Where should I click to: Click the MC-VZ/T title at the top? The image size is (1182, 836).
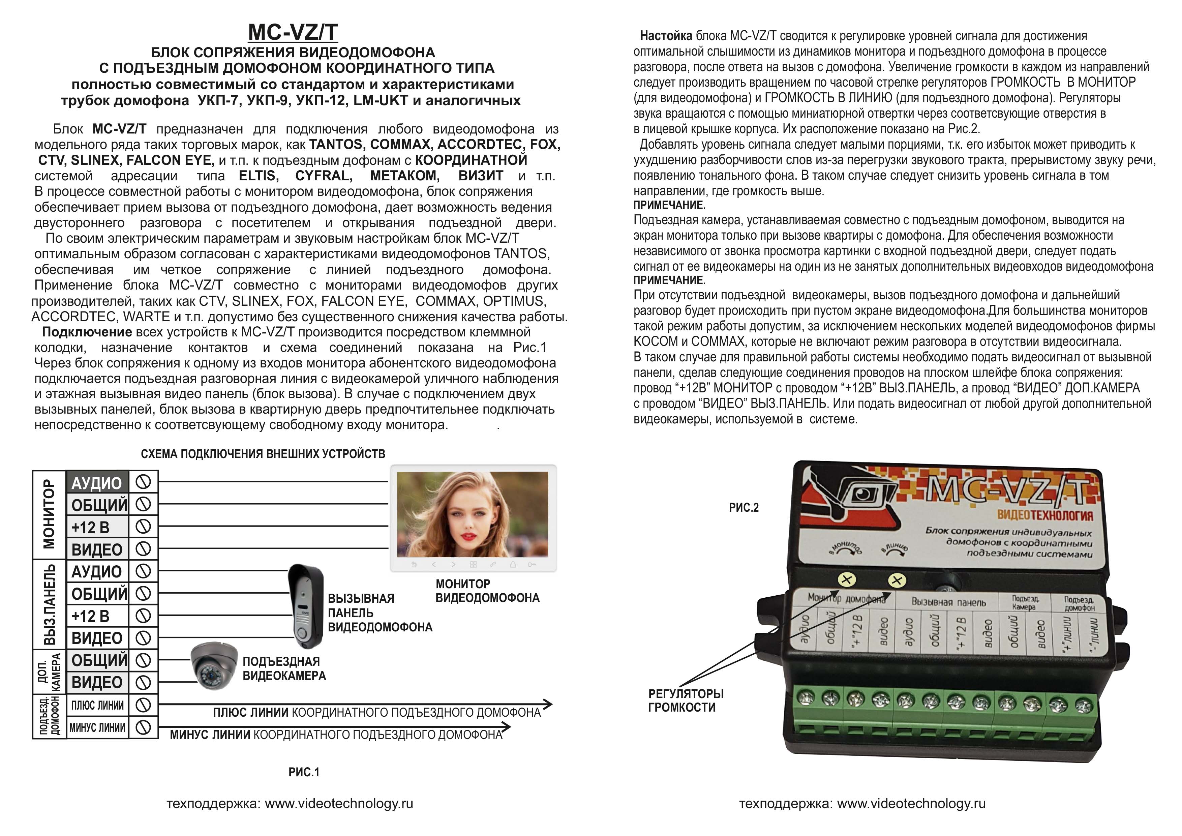point(293,32)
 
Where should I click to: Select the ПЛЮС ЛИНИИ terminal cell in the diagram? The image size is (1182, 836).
point(97,705)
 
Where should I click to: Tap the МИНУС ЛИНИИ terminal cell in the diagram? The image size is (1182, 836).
point(97,727)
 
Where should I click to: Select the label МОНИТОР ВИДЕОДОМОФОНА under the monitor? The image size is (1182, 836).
point(487,591)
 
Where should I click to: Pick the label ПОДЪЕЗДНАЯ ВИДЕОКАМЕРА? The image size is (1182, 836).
point(284,668)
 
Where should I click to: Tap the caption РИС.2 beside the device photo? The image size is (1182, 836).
point(744,508)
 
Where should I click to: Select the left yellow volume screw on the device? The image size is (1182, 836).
point(846,580)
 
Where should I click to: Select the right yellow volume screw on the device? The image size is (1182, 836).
point(897,581)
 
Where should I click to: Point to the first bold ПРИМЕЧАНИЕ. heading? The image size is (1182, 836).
point(669,205)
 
